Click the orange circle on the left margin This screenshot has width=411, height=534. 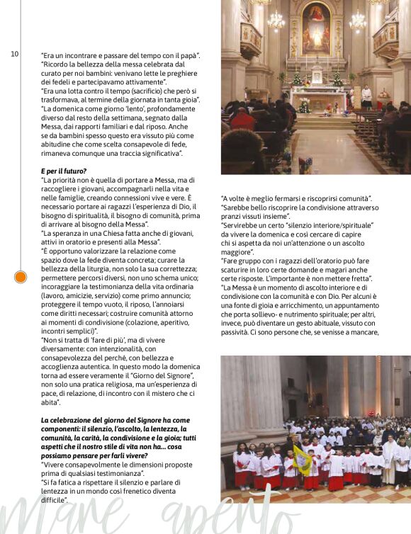(x=21, y=277)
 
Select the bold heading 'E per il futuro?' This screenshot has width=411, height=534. (x=64, y=171)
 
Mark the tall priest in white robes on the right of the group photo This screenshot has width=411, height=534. (x=389, y=459)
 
